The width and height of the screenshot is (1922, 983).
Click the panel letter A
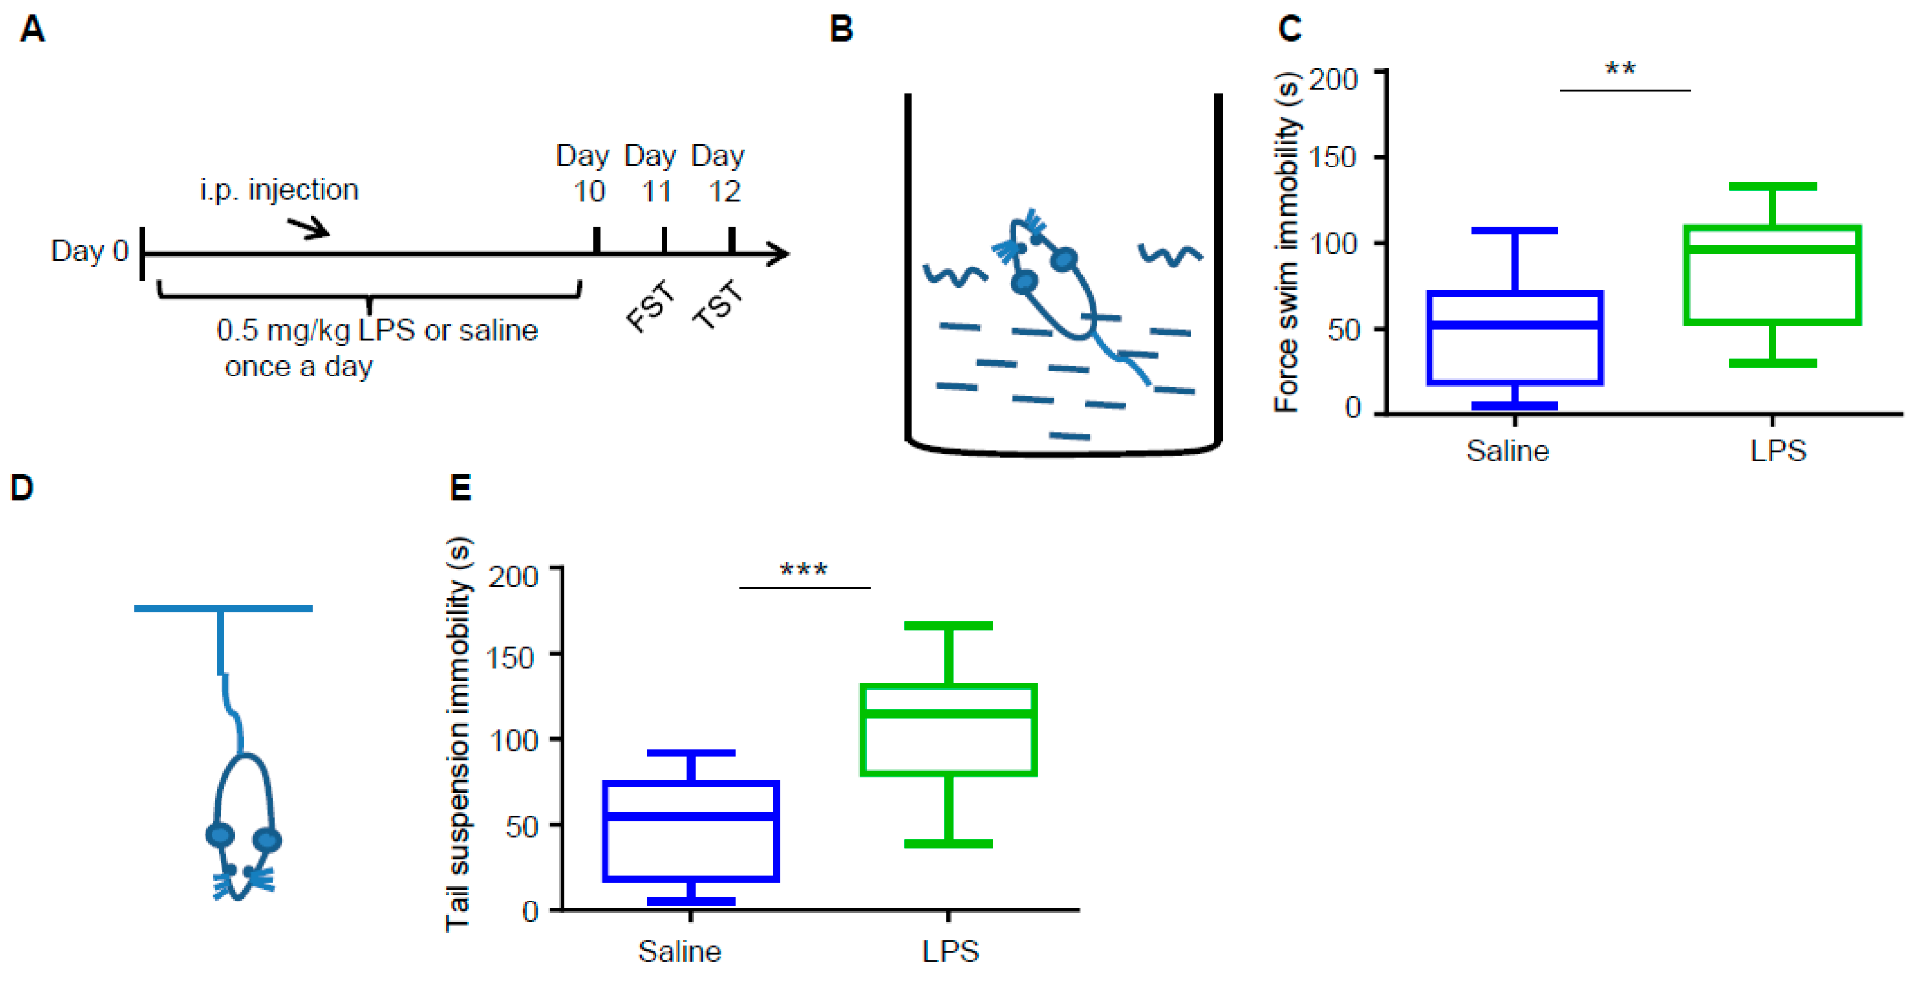tap(32, 29)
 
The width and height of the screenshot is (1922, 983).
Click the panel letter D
tap(22, 488)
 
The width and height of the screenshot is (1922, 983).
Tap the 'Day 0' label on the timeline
tap(89, 251)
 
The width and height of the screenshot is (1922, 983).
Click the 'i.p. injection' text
tap(279, 190)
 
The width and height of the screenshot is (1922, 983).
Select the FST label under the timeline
tap(651, 305)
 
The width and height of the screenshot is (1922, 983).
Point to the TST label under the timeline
tap(718, 304)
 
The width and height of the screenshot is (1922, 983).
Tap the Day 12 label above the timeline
tap(718, 173)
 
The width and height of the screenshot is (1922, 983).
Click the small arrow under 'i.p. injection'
tap(308, 227)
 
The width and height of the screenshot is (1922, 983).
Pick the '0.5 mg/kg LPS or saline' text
tap(376, 330)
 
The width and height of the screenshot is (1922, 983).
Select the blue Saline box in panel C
tap(1515, 338)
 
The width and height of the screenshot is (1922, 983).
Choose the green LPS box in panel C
tap(1772, 274)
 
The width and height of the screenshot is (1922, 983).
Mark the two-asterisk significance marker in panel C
tap(1620, 70)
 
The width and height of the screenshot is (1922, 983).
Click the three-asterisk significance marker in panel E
tap(803, 571)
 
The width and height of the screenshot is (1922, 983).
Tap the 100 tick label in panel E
tap(513, 741)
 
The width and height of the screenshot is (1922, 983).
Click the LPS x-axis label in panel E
tap(950, 952)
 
